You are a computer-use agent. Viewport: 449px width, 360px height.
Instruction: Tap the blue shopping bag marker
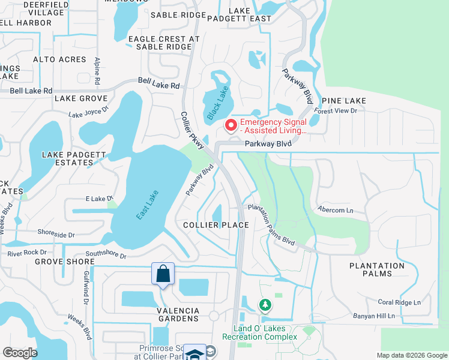click(163, 274)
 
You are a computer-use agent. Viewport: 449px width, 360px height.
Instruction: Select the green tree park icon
click(265, 305)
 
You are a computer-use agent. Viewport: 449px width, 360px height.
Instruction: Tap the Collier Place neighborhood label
click(216, 225)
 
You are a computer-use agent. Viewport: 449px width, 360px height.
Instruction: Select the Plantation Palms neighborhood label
click(377, 269)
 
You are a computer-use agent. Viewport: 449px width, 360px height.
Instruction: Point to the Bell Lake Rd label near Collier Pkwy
click(158, 86)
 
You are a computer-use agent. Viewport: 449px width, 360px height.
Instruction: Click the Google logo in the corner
click(20, 353)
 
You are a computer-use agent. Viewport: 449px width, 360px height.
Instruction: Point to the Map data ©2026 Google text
click(411, 355)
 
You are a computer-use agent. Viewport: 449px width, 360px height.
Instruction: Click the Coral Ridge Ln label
click(399, 302)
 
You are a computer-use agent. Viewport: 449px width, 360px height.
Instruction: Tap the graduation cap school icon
click(194, 353)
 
